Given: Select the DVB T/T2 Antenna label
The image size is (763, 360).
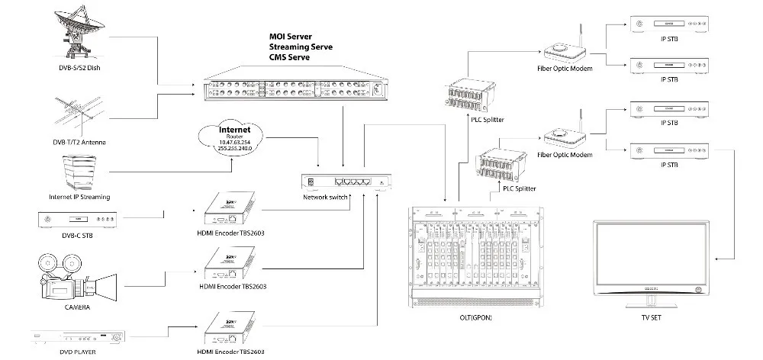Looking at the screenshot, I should [79, 143].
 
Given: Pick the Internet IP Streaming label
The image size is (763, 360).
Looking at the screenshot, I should [79, 197].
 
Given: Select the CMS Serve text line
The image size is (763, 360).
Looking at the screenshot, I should [293, 57].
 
